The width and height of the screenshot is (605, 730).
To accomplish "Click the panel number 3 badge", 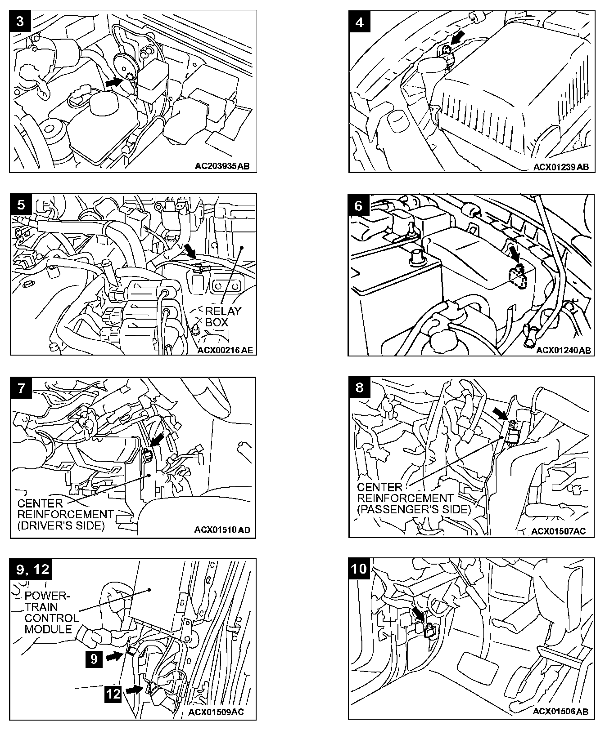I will [20, 22].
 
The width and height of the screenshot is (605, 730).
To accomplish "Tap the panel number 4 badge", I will [359, 22].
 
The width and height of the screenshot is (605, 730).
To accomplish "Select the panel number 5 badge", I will [21, 205].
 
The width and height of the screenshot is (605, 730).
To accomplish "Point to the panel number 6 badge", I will [358, 205].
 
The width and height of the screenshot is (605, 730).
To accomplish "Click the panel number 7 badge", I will [21, 388].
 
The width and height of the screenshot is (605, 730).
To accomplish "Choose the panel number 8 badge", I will [359, 387].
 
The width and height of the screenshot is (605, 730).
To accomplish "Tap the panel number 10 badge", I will [359, 569].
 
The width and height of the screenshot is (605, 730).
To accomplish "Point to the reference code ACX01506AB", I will [560, 712].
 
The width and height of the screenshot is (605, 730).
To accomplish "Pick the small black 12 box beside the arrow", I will [113, 694].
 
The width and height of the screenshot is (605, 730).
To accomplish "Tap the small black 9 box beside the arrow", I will [94, 659].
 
